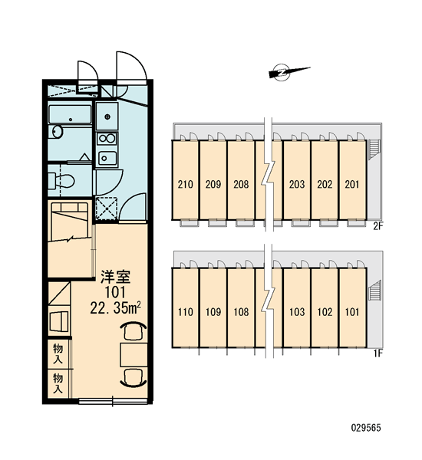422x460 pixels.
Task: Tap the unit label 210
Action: click(x=186, y=184)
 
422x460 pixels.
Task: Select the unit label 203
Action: click(x=297, y=184)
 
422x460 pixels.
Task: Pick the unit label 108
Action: click(x=241, y=312)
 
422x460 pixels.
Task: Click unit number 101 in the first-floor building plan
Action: click(x=352, y=312)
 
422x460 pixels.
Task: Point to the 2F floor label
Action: click(x=378, y=226)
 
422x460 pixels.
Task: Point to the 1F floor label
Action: click(x=378, y=353)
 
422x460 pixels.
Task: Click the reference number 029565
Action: click(x=366, y=428)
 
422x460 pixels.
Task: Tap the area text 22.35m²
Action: click(x=115, y=307)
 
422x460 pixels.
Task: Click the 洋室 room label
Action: click(x=115, y=277)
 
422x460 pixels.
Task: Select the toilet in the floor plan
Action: click(x=61, y=180)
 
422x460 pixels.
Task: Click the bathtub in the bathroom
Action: click(x=70, y=114)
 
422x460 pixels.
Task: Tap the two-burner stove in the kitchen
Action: click(x=107, y=139)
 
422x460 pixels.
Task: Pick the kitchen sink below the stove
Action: click(x=107, y=159)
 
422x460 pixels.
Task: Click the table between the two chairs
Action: click(x=134, y=354)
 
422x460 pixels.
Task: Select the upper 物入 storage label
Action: click(x=58, y=353)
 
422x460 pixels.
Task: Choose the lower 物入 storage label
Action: click(x=58, y=383)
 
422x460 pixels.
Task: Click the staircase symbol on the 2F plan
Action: click(x=374, y=149)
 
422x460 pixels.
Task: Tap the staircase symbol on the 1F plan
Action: click(x=374, y=290)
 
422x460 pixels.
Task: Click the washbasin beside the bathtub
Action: click(x=58, y=131)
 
